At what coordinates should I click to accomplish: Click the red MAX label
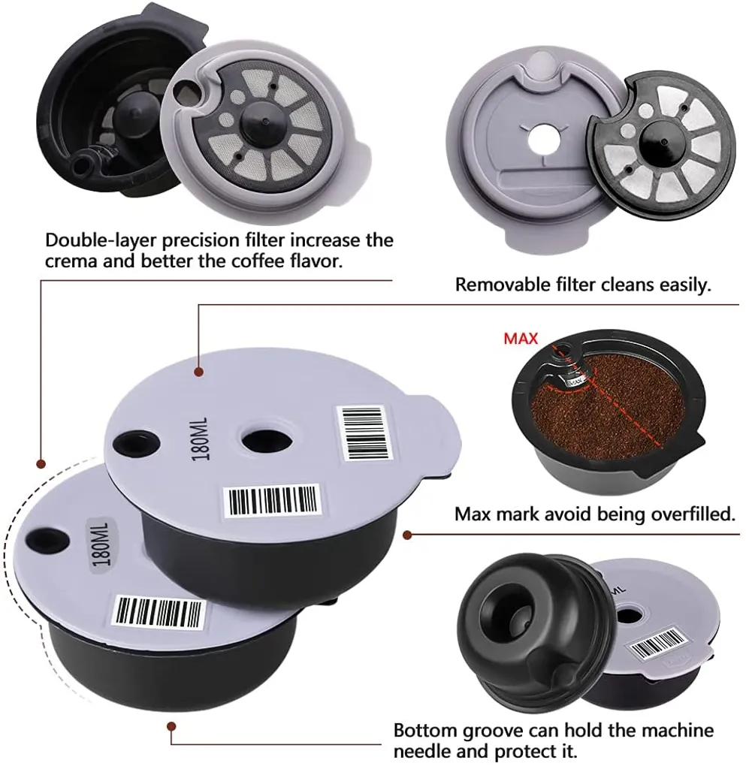coord(521,338)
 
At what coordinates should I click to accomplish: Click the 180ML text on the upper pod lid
coord(201,439)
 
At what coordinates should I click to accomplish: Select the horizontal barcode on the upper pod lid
coord(273,501)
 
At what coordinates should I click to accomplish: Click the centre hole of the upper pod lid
coord(265,440)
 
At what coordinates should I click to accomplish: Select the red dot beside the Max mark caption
coord(406,535)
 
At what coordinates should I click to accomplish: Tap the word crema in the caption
coord(71,261)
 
